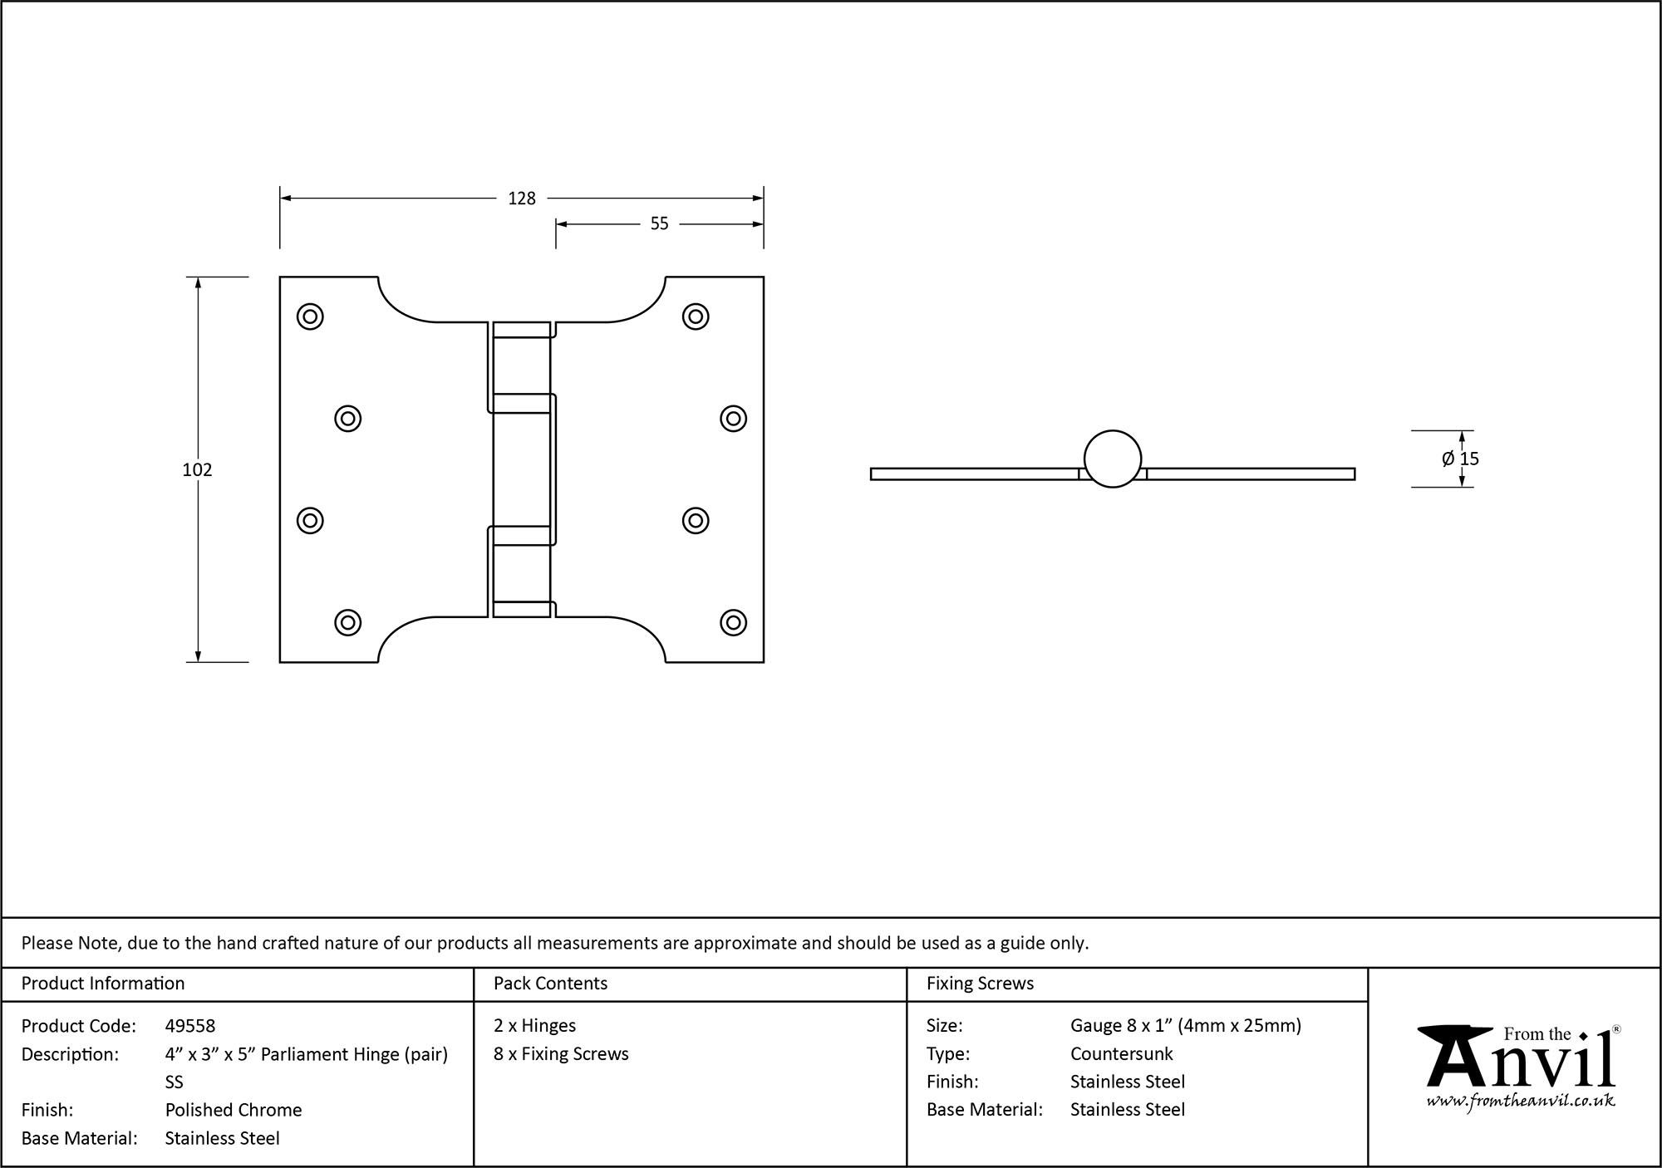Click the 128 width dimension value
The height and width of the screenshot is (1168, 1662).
(x=522, y=199)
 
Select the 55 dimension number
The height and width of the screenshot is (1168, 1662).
(x=659, y=224)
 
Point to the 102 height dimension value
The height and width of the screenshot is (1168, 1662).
(x=197, y=470)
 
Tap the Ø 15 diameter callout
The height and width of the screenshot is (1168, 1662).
(x=1460, y=459)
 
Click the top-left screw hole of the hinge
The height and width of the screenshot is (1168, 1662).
(x=310, y=317)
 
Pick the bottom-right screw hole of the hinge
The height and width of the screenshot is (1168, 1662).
(x=733, y=622)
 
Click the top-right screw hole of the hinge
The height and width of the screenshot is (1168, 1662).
(x=696, y=317)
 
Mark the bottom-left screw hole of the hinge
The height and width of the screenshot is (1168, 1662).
(x=347, y=622)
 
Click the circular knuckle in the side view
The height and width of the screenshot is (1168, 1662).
(x=1113, y=459)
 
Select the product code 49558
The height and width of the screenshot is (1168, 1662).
(x=190, y=1026)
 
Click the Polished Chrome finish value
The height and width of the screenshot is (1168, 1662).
(x=234, y=1110)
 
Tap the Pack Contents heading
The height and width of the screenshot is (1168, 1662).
(x=550, y=984)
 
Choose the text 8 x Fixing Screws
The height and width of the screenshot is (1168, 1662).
(x=561, y=1054)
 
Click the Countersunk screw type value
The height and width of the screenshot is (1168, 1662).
(x=1121, y=1054)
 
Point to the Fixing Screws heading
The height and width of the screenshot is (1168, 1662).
(x=980, y=984)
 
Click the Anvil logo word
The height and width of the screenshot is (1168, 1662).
(x=1521, y=1063)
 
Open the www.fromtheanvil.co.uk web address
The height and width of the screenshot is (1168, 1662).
(x=1521, y=1102)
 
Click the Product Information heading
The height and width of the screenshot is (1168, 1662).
(x=103, y=984)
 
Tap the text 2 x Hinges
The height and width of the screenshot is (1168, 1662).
(x=534, y=1026)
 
